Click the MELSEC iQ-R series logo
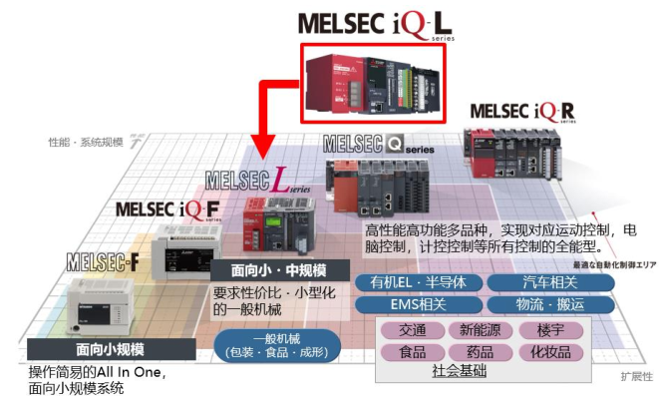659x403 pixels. coord(522,111)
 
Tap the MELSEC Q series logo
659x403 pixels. coord(378,146)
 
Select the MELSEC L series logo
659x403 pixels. coord(257,182)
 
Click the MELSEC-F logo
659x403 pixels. coord(103,262)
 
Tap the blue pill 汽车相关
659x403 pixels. coord(547,281)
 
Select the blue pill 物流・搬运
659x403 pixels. coord(547,304)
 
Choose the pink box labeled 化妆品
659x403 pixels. coord(550,352)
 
